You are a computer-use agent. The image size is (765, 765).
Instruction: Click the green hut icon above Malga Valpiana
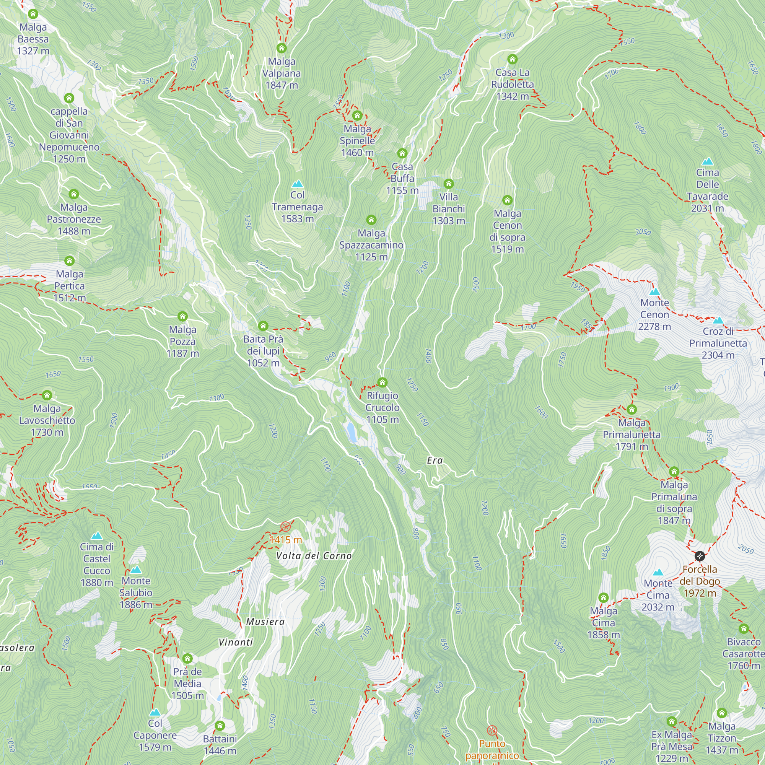point(282,48)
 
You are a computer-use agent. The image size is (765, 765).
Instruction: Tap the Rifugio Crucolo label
point(382,407)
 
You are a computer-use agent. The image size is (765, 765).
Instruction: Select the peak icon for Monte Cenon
point(654,292)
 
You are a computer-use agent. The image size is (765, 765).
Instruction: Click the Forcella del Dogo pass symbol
point(700,556)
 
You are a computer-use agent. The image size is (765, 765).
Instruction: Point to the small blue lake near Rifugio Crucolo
point(351,432)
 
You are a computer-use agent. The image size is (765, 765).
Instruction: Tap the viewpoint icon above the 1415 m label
point(285,527)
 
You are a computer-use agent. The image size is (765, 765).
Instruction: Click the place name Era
point(435,460)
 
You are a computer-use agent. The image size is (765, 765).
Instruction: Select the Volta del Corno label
point(314,556)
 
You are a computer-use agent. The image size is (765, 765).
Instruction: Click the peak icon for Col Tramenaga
point(297,184)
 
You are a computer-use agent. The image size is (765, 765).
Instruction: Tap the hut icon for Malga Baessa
point(33,14)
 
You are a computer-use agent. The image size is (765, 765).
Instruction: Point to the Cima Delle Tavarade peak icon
point(707,161)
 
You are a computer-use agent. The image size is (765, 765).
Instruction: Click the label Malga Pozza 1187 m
point(182,341)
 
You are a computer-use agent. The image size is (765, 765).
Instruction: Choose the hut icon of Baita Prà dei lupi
point(263,326)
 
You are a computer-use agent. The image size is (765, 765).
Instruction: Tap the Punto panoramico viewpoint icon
point(492,730)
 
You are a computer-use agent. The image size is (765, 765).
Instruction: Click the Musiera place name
point(265,622)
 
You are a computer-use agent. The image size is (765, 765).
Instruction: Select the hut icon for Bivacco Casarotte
point(744,628)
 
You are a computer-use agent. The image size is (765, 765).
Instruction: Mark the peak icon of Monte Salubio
point(136,570)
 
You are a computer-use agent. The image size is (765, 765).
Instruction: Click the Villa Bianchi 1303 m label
point(448,209)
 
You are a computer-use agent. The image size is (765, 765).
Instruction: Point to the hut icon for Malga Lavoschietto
point(47,395)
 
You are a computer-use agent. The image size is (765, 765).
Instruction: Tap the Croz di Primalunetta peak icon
point(718,320)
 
